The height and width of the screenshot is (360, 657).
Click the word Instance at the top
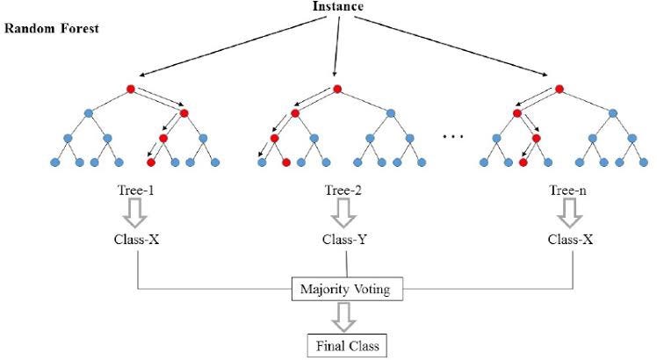pyautogui.click(x=337, y=7)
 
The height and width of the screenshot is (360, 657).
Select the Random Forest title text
pyautogui.click(x=52, y=28)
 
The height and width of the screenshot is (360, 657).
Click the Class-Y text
pyautogui.click(x=336, y=239)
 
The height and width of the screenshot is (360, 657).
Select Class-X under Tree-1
pyautogui.click(x=138, y=239)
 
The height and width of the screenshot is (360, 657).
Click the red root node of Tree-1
pyautogui.click(x=131, y=89)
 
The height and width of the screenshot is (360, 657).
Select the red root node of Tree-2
pyautogui.click(x=335, y=89)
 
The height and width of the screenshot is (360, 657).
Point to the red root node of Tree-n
pyautogui.click(x=560, y=89)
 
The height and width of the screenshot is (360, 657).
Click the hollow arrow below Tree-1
pyautogui.click(x=138, y=211)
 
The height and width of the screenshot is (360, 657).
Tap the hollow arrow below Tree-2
pyautogui.click(x=336, y=211)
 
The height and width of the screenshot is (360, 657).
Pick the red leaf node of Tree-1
pyautogui.click(x=151, y=162)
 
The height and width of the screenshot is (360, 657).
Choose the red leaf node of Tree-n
pyautogui.click(x=523, y=162)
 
